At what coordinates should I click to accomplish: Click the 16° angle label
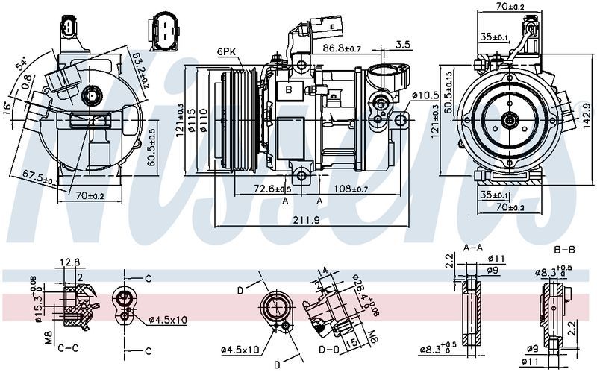pos(8,108)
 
